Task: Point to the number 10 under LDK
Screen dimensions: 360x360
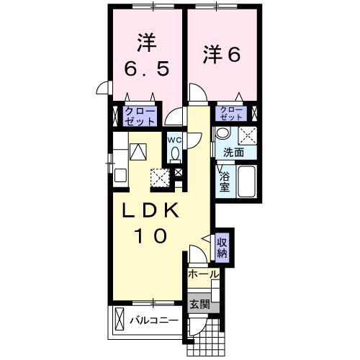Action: [150, 235]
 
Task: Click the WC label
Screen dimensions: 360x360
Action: [175, 139]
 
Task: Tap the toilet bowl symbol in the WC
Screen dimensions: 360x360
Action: [176, 154]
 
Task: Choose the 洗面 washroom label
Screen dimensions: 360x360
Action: [232, 153]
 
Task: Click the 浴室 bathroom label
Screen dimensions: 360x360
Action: [224, 180]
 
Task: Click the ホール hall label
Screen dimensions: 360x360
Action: [203, 274]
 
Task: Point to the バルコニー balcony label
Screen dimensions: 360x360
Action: [154, 319]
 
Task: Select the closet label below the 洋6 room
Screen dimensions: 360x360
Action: [233, 113]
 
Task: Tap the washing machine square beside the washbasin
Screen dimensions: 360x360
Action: [248, 135]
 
